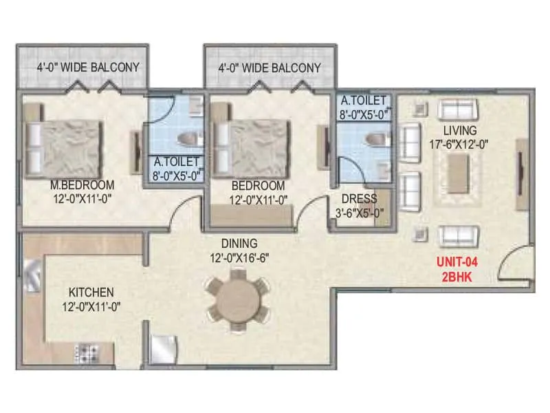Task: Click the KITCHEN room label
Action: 86,292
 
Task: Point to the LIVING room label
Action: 460,130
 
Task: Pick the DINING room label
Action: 239,243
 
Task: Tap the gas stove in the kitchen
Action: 86,354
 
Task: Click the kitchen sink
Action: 34,276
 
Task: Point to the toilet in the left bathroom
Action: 188,140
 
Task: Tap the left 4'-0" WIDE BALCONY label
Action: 88,67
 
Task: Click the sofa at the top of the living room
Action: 458,109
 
